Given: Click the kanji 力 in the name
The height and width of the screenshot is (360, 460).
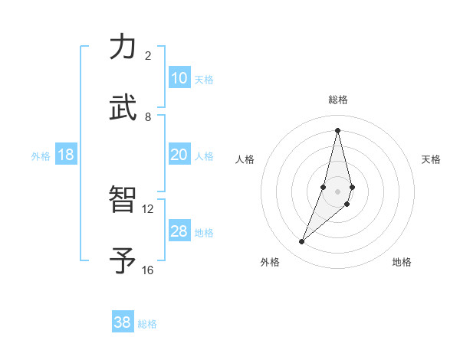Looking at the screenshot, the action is (x=123, y=48).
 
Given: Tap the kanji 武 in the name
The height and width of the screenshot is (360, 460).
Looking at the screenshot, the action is (x=123, y=108).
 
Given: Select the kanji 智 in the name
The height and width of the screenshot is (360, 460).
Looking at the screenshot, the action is (x=123, y=199).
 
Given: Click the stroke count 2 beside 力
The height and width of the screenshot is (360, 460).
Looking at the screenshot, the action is (x=148, y=56).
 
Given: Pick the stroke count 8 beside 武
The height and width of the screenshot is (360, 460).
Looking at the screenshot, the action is (x=148, y=117).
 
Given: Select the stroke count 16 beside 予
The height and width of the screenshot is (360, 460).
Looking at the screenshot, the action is (x=148, y=270).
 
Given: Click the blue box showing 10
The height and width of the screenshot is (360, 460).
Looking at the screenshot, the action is (x=179, y=78).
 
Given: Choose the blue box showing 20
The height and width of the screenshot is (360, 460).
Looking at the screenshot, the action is (x=179, y=155).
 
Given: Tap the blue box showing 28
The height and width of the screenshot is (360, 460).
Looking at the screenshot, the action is (x=179, y=231).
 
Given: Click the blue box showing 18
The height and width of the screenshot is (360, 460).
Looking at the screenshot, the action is (x=66, y=155).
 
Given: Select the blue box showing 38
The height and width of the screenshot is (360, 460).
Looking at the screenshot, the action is (x=123, y=322).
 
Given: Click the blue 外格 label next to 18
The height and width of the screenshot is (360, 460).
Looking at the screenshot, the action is (x=41, y=156).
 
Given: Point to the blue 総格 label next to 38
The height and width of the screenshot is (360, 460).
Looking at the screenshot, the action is (x=147, y=324).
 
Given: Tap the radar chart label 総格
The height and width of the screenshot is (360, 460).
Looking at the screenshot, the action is (x=337, y=100).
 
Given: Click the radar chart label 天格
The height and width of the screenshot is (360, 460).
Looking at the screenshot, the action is (x=431, y=159).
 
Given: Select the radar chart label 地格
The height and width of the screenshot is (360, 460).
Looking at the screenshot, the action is (x=402, y=262).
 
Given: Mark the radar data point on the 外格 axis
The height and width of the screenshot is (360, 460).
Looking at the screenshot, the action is (x=302, y=242).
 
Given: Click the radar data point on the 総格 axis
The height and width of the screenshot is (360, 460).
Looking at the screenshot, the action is (x=337, y=129).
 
